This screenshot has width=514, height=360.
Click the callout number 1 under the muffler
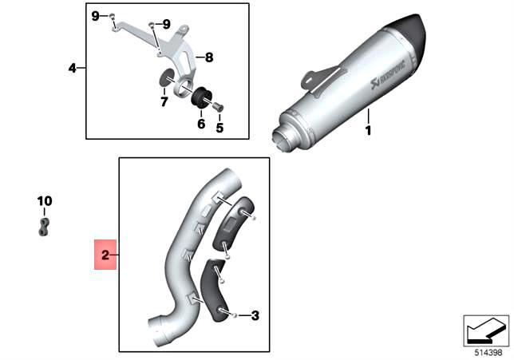[x=369, y=130]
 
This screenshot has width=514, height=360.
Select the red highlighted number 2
[x=105, y=255]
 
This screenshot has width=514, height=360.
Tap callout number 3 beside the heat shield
[x=255, y=315]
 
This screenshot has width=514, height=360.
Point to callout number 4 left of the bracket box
[x=72, y=69]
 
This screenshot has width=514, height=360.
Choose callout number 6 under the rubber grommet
[x=201, y=124]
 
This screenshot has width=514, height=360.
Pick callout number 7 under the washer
[x=164, y=101]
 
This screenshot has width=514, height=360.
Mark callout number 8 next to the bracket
[x=209, y=57]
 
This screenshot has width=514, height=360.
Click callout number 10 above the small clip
[x=44, y=200]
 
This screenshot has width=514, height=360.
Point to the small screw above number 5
[x=219, y=108]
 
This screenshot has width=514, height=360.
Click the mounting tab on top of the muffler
[x=316, y=77]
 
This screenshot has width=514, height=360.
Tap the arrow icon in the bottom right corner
[x=485, y=329]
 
